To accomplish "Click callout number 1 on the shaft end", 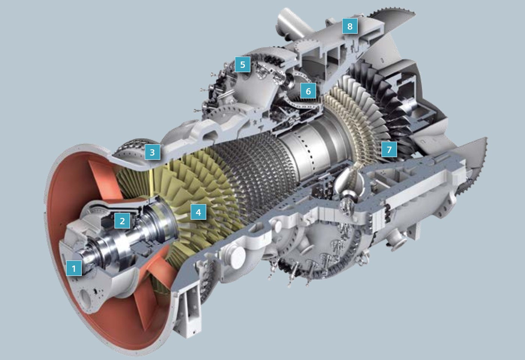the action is pos(74,268).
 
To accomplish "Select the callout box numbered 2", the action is pos(122,220).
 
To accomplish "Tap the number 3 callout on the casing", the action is pos(152,152).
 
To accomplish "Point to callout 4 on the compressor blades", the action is pos(198,212).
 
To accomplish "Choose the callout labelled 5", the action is pos(243,64).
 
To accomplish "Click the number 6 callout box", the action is pos(308,91).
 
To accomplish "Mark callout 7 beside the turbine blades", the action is pos(389,149).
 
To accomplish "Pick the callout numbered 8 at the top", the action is pos(349,26).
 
